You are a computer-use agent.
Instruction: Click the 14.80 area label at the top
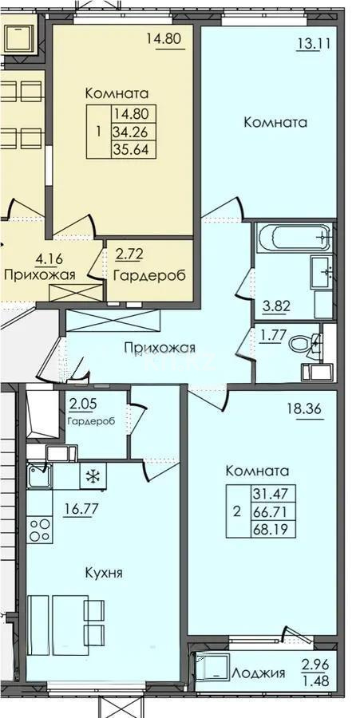click(164, 37)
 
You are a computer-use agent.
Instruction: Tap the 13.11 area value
click(312, 45)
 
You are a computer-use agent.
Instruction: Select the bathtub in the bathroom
click(293, 237)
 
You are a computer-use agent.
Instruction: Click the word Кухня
click(104, 573)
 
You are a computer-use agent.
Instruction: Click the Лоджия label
click(259, 673)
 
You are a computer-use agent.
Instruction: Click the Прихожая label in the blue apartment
click(160, 347)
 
